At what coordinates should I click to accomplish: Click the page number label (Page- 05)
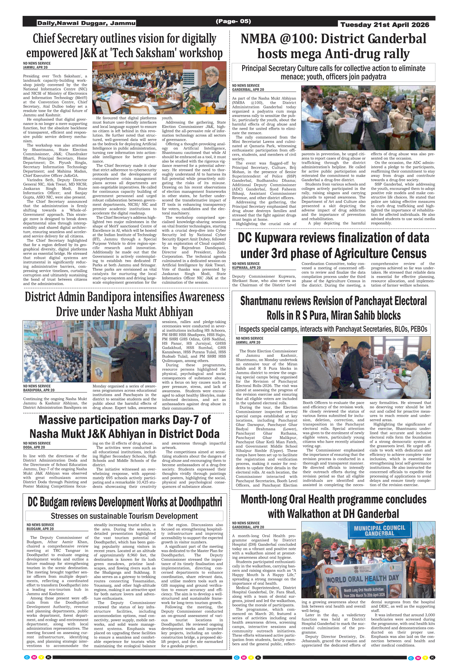233,21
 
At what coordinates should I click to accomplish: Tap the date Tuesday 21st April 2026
385,25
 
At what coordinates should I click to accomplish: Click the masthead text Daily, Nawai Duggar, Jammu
86,23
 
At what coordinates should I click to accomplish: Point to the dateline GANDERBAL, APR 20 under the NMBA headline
248,90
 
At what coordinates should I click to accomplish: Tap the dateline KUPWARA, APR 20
246,268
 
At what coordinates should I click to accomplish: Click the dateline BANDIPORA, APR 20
39,390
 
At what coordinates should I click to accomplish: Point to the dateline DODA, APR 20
34,447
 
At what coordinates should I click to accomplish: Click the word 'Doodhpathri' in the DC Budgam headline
200,502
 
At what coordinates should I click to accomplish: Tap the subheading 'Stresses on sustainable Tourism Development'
124,516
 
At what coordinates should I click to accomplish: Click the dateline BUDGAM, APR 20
40,529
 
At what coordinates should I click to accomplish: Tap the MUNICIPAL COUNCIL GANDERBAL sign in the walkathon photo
379,531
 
